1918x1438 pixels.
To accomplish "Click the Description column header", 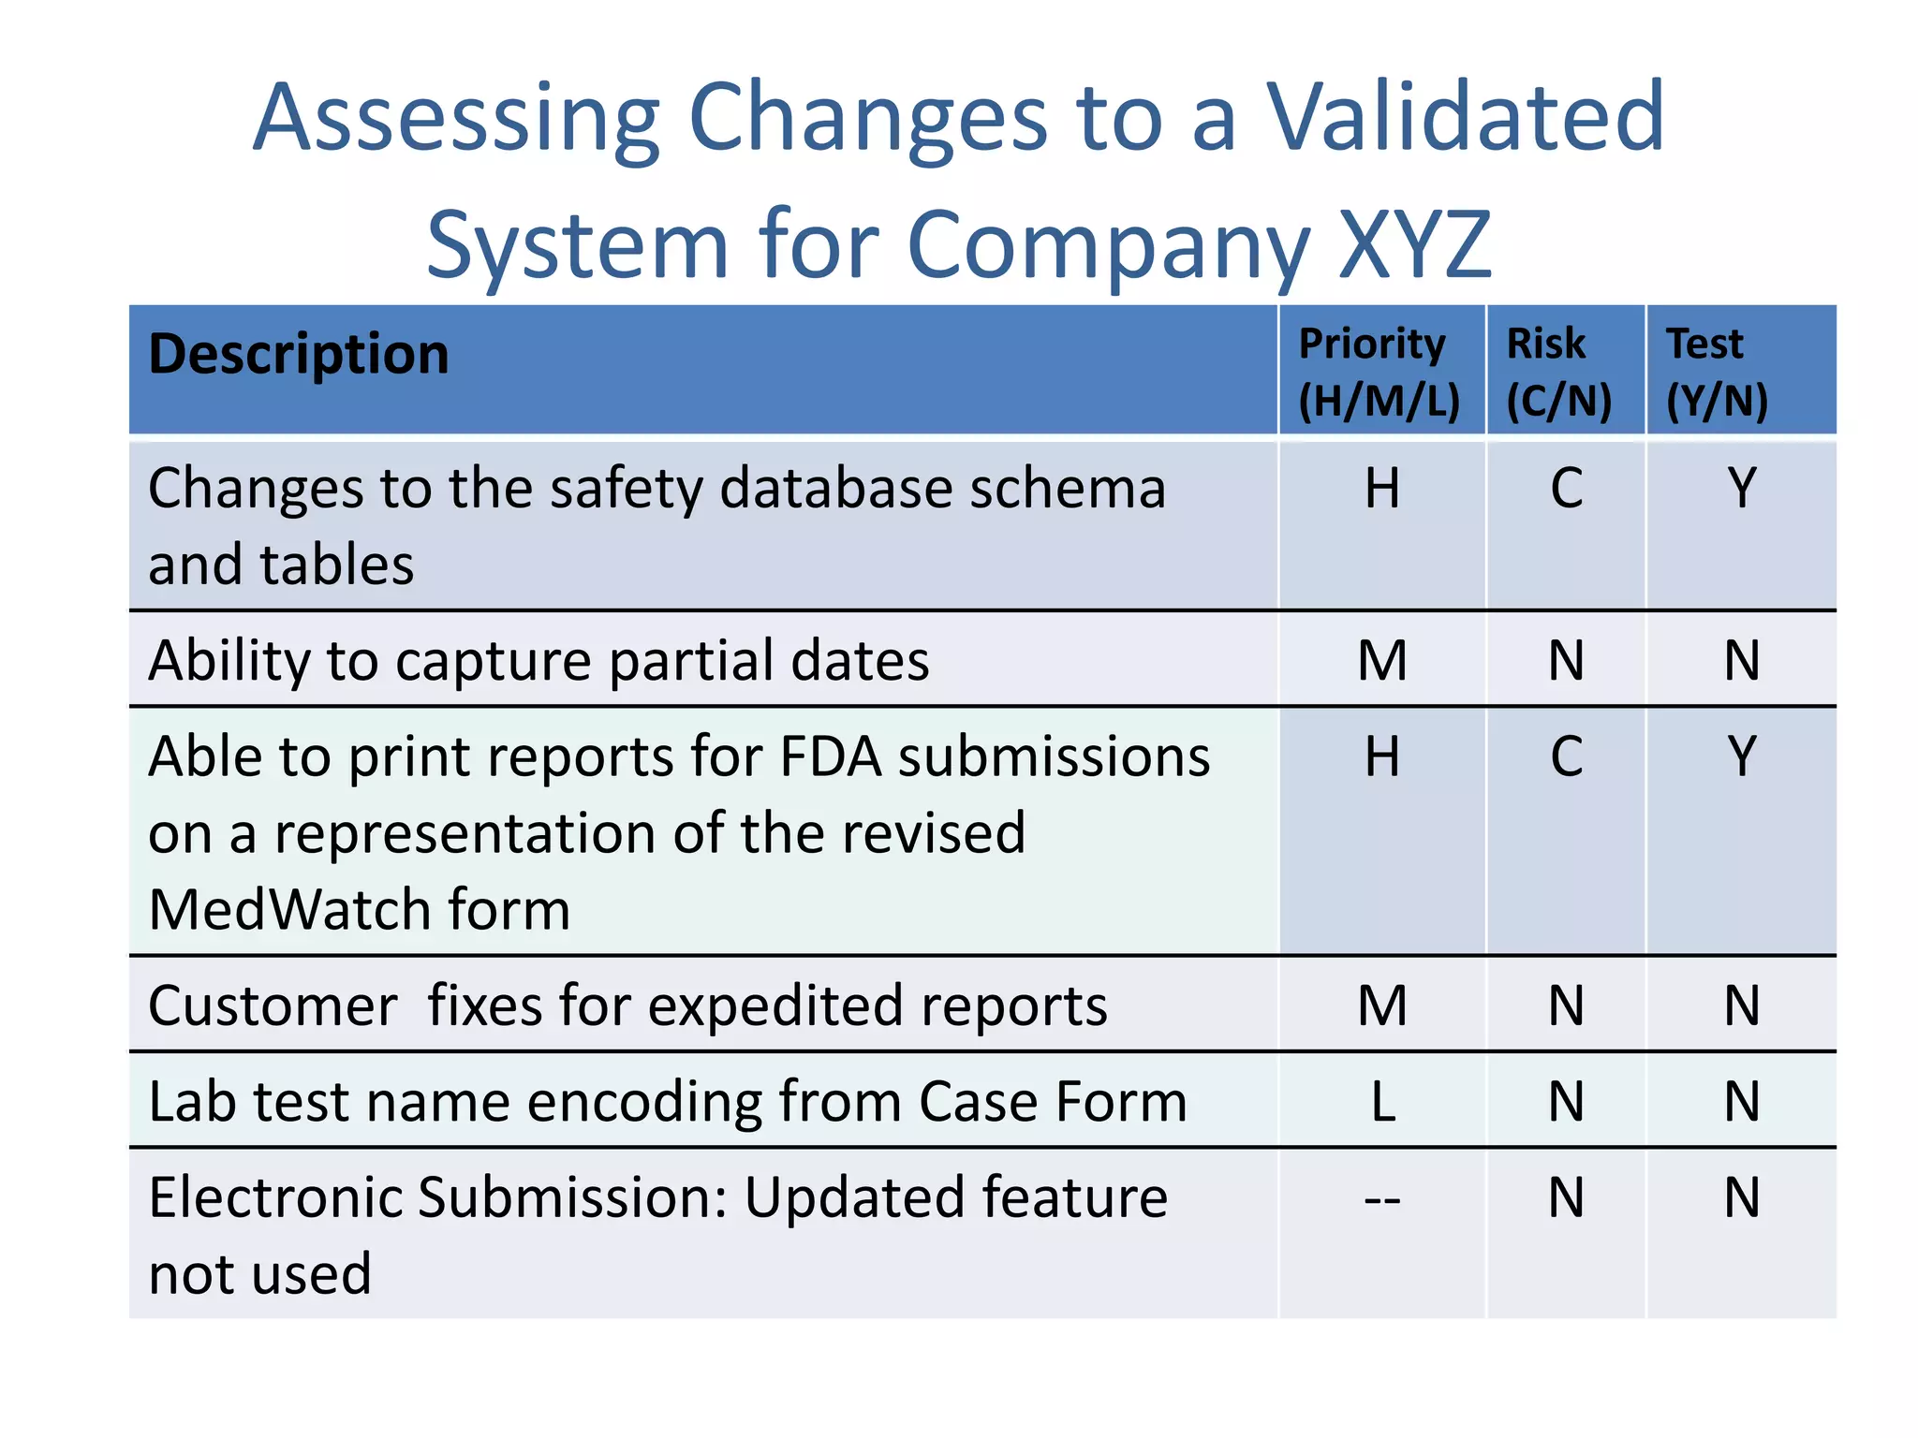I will pos(299,355).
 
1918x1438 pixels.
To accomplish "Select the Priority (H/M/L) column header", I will pos(1379,372).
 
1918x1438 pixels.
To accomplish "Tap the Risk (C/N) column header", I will pos(1558,372).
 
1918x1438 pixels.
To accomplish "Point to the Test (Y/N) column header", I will pos(1716,372).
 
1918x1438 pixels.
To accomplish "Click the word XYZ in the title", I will pos(1414,245).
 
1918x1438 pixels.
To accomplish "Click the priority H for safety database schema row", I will pos(1382,489).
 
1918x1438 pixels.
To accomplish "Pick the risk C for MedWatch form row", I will pos(1566,756).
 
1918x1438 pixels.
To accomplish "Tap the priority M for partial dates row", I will pos(1382,660).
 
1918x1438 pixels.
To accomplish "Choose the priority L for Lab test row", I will pos(1382,1102).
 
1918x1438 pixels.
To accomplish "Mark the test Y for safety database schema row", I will pos(1742,489).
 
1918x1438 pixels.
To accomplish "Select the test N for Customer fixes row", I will pos(1742,1005).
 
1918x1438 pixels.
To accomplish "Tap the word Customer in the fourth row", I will pos(273,1006).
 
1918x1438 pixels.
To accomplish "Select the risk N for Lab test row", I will pos(1566,1102).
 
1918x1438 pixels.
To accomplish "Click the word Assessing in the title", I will pos(457,119).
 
